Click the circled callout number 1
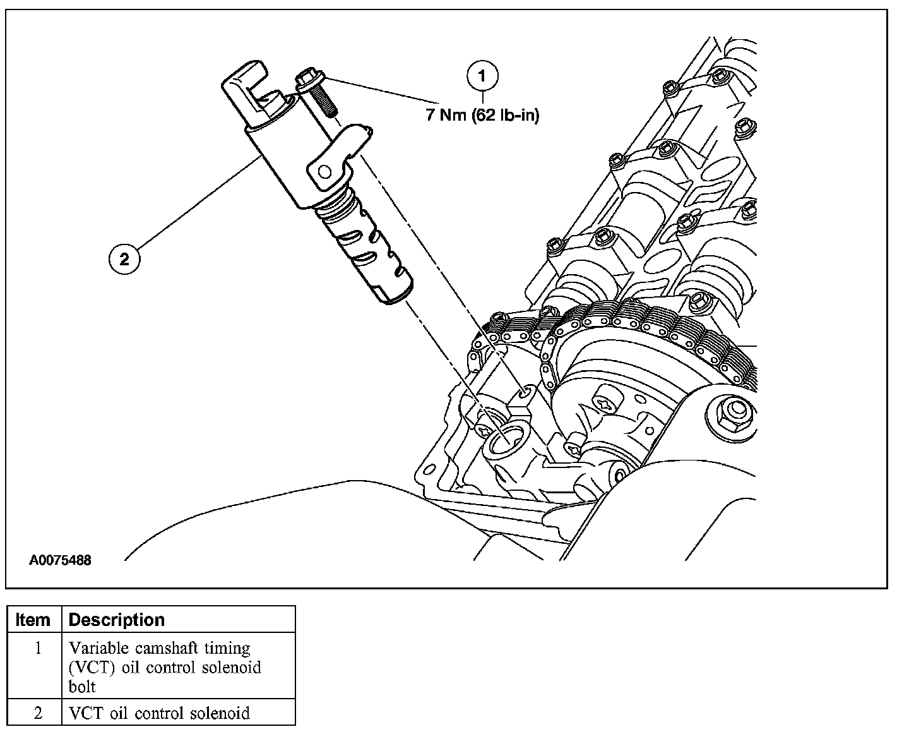482,76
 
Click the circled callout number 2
124,259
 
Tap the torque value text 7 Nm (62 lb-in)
483,116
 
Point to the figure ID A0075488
60,560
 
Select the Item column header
33,620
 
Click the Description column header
116,620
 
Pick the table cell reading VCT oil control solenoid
159,713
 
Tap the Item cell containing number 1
37,648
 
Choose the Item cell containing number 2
37,713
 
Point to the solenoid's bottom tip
396,294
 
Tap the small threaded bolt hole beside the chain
525,393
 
